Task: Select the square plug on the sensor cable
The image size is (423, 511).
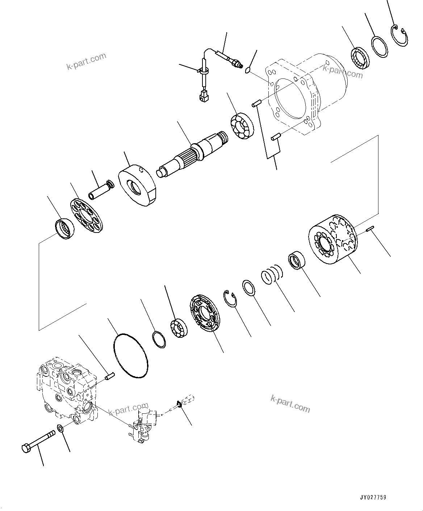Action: pos(203,97)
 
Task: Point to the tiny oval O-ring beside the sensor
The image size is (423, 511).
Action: pos(248,70)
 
